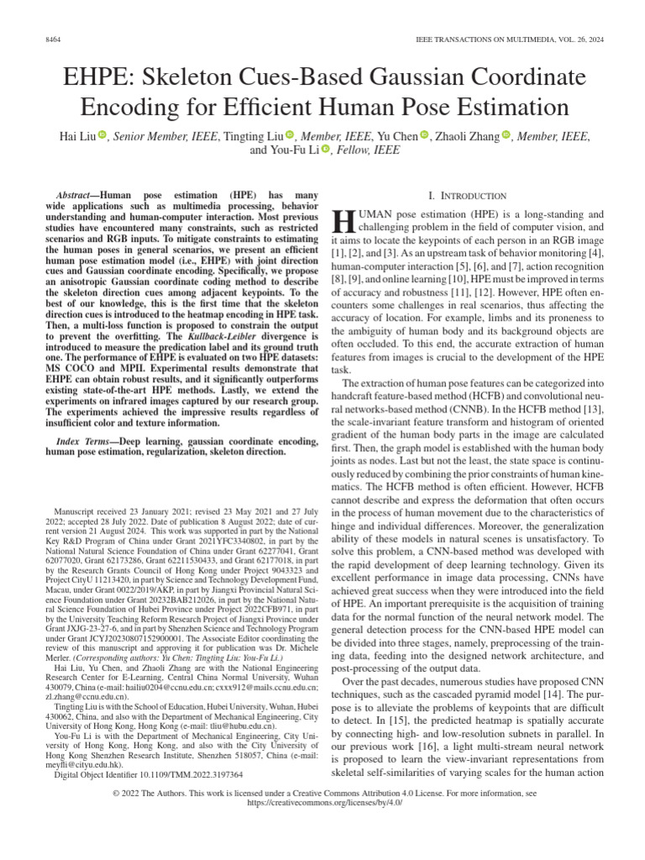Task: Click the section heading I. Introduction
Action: pos(467,195)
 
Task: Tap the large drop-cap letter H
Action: pos(344,221)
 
